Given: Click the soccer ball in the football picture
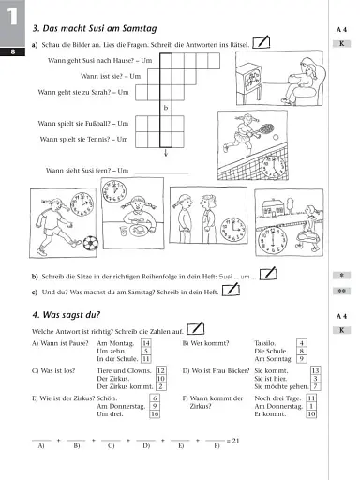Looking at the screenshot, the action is point(90,243).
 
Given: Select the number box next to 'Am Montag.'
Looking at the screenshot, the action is point(145,343).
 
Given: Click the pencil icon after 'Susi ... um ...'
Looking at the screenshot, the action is point(269,273).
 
